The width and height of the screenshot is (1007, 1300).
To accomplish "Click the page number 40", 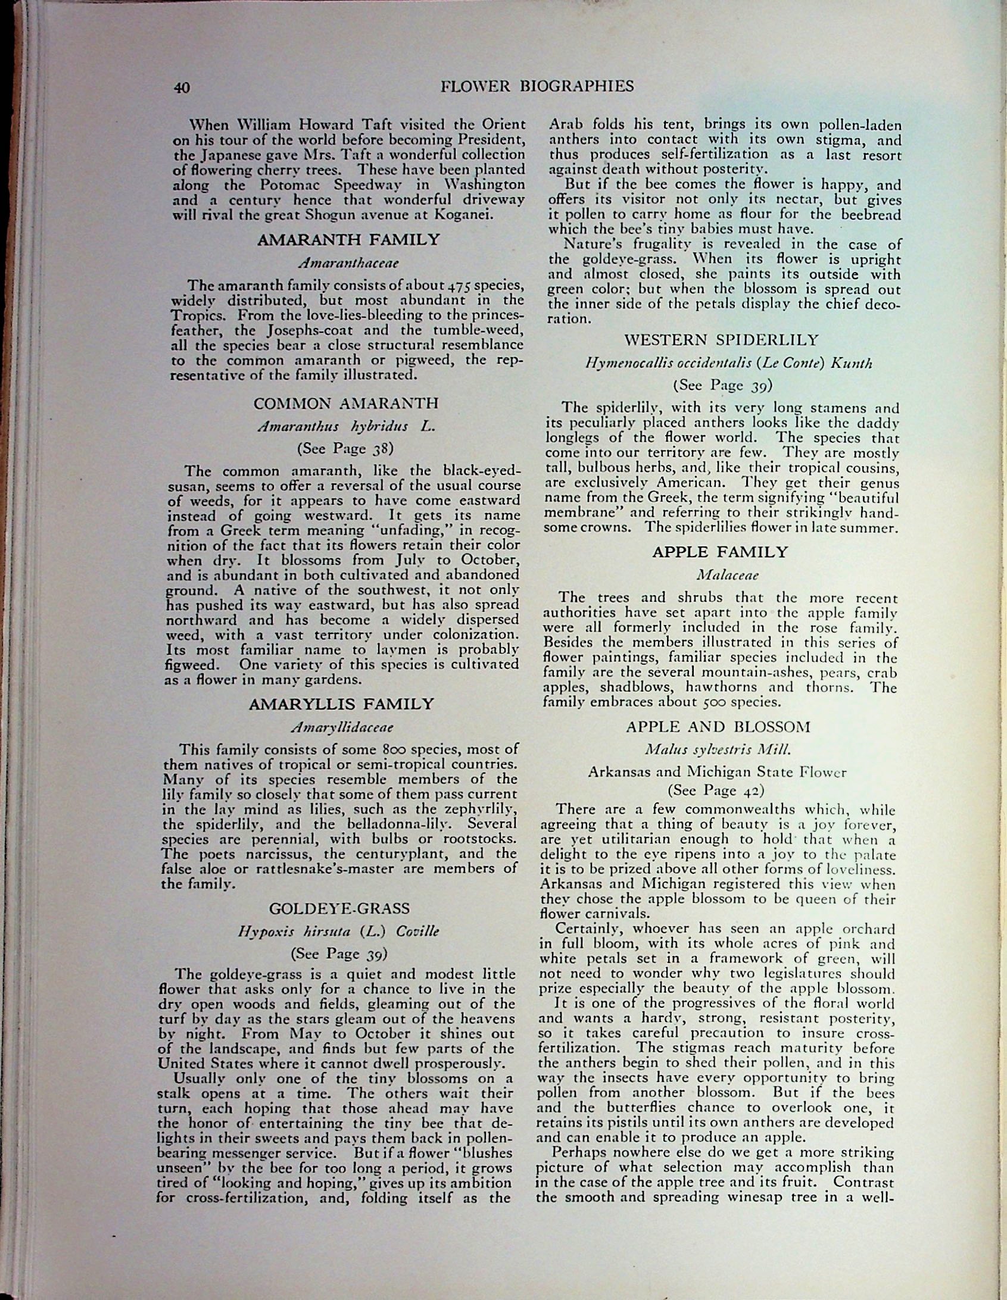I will (182, 87).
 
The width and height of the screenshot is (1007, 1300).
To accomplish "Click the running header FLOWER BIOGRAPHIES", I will (537, 87).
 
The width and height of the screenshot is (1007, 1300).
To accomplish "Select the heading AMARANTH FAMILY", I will (349, 240).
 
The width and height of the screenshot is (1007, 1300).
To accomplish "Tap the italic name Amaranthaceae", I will (349, 262).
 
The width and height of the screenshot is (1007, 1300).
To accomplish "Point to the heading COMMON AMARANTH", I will (346, 404).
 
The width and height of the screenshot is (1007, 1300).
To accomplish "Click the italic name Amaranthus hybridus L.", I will (345, 426).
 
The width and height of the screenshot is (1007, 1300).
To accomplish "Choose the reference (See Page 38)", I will (345, 448).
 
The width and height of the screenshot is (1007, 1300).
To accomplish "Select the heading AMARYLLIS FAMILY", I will (341, 704).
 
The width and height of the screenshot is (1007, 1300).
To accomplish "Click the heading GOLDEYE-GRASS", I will (339, 909).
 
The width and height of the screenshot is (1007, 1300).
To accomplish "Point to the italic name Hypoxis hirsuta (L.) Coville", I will (338, 932).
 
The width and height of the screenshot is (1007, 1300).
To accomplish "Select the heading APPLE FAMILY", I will (719, 552).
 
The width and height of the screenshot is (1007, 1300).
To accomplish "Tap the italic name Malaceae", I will (719, 575).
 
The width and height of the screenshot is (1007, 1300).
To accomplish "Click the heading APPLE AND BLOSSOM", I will (718, 727).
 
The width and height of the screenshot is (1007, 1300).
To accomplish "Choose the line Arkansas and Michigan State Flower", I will (717, 772).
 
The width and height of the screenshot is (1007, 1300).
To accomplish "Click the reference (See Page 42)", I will (716, 790).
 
